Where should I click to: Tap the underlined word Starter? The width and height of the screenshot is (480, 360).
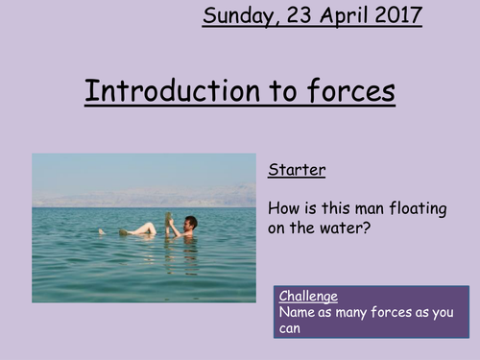click(297, 171)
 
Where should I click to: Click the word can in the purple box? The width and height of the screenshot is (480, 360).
click(291, 328)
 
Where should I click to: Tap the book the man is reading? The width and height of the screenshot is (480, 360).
click(170, 224)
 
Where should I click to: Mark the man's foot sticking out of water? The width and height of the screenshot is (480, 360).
click(102, 231)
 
